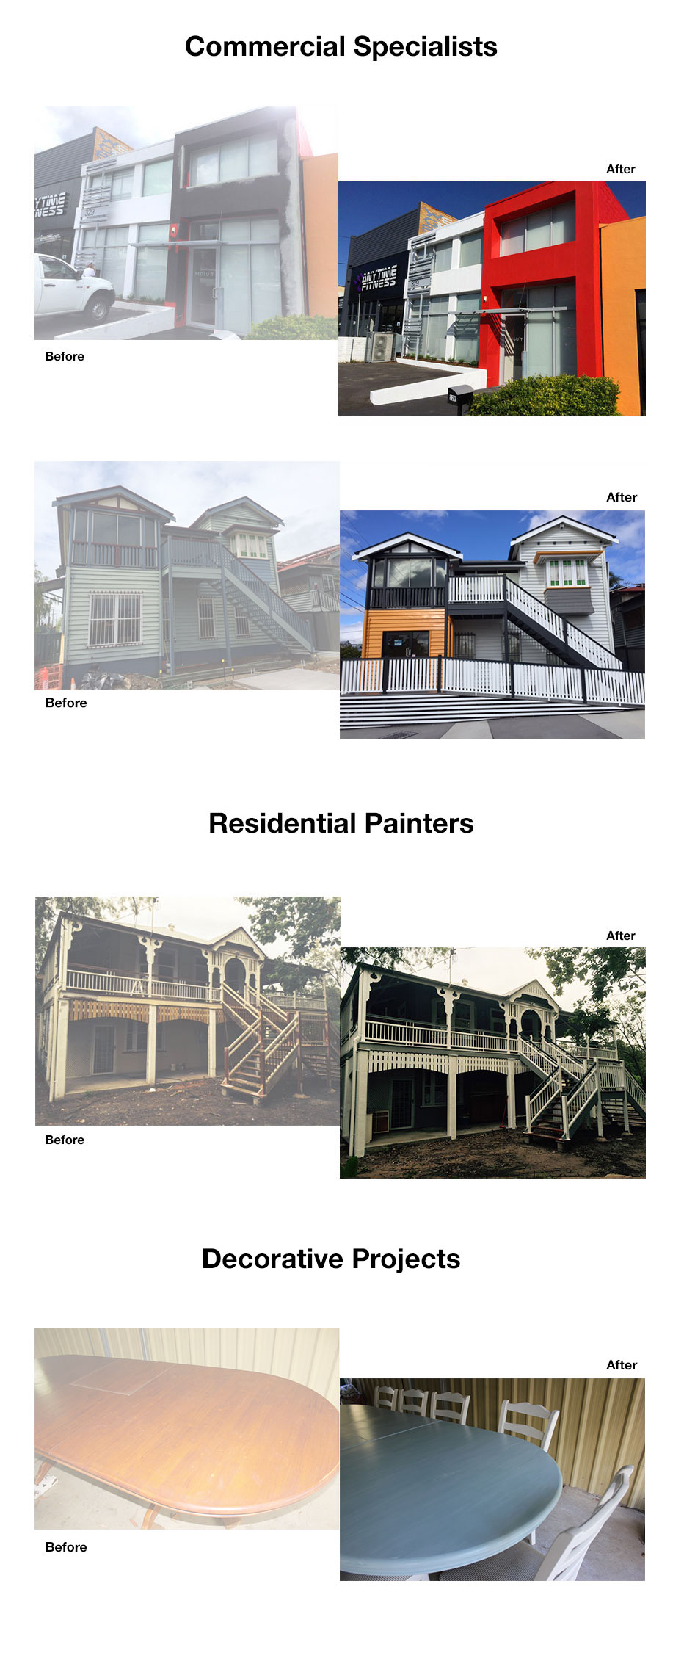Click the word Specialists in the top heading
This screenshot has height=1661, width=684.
coord(425,47)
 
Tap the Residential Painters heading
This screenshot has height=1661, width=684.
coord(341,823)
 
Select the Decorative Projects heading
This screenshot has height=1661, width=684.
coord(331,1259)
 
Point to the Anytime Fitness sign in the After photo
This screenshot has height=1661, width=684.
coord(378,279)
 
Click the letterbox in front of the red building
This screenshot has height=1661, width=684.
coord(460,395)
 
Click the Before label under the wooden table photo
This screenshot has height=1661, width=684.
coord(66,1547)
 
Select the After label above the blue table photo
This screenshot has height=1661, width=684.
coord(622,1365)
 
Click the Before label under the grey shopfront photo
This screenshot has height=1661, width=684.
coord(65,356)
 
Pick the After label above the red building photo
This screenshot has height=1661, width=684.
coord(621,169)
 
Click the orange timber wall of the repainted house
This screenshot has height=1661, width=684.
coord(405,633)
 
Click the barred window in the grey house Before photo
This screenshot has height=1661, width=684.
coord(114,620)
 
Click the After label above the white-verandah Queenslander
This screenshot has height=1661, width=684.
coord(621,936)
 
